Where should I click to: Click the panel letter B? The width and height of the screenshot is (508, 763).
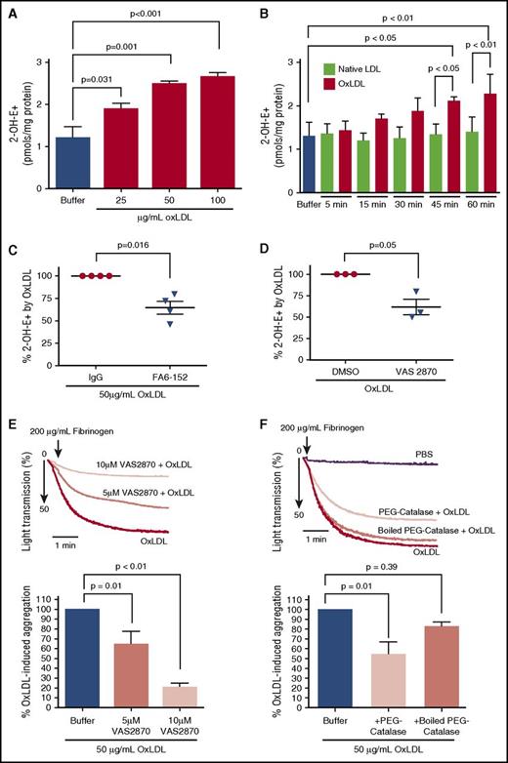[275, 13]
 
